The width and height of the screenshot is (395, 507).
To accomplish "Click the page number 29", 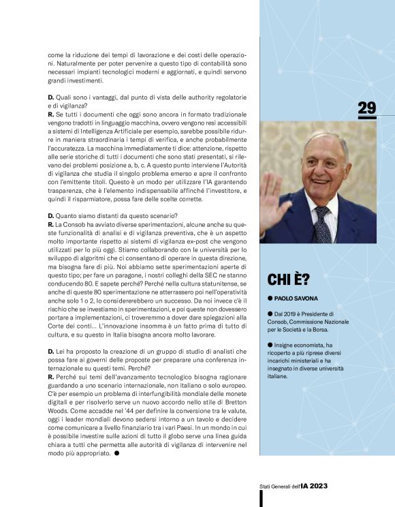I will (x=366, y=108).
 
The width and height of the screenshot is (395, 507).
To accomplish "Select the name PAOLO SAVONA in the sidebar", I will (x=298, y=298).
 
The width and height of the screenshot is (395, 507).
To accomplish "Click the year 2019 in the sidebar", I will (x=291, y=312).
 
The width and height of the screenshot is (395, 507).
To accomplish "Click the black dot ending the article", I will (x=116, y=452).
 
